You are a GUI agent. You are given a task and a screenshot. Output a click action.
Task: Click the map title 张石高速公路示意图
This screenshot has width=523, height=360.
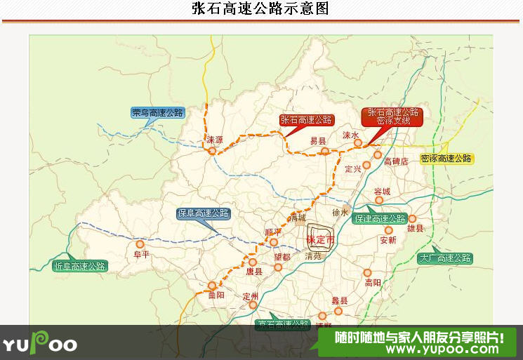click(260, 9)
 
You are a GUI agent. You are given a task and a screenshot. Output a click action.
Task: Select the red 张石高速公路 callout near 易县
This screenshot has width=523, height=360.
click(307, 119)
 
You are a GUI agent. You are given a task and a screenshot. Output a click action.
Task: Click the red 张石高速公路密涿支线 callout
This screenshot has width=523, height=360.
click(393, 116)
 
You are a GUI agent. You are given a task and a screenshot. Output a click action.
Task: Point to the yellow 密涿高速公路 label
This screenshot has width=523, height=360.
click(446, 159)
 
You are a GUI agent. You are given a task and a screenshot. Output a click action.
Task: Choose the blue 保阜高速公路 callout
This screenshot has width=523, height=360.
click(204, 213)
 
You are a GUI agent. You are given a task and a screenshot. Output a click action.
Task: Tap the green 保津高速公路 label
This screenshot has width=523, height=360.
click(380, 218)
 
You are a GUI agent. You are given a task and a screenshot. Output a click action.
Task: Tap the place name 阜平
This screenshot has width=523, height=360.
click(142, 255)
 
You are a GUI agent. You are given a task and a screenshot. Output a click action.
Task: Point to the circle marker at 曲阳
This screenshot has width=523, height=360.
click(212, 285)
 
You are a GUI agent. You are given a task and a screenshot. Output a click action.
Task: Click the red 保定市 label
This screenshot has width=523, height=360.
click(321, 241)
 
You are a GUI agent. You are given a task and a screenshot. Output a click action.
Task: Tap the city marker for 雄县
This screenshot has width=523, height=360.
click(412, 218)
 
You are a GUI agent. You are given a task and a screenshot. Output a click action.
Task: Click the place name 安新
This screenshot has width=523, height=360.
click(388, 240)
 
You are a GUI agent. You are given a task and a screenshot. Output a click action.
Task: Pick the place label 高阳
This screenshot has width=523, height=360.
click(373, 283)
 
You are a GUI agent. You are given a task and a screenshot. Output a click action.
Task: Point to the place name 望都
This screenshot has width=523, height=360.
click(282, 257)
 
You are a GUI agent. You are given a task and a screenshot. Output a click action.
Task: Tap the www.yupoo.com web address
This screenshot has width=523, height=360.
click(418, 349)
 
